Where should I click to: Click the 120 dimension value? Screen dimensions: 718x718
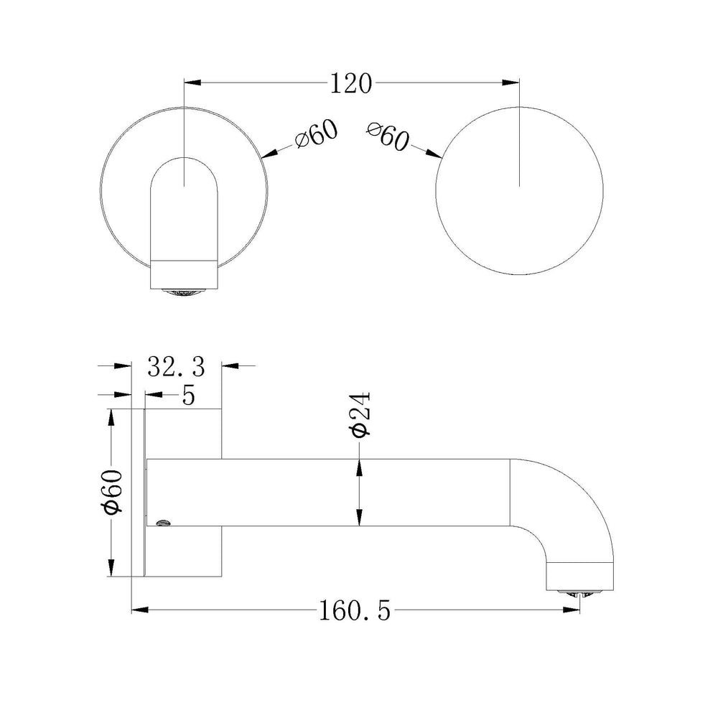click(x=351, y=84)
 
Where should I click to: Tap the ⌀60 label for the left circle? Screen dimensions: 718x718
click(x=317, y=134)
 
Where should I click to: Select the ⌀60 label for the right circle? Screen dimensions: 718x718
click(x=388, y=136)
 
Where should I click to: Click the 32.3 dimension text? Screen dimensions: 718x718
click(x=177, y=366)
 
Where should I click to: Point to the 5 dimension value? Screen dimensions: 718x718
click(x=188, y=395)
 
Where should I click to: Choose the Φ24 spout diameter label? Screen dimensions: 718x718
click(x=360, y=415)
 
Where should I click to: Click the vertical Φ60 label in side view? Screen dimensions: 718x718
click(x=113, y=492)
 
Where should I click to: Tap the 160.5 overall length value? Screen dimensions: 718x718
click(x=355, y=610)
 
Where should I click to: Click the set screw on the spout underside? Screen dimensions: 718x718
click(x=164, y=522)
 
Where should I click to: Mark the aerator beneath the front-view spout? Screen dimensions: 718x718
click(x=184, y=292)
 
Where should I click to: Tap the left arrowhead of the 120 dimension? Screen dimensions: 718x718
click(x=192, y=83)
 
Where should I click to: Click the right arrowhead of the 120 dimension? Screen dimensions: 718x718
click(x=510, y=83)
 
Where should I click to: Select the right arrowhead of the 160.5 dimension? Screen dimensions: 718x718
click(x=571, y=610)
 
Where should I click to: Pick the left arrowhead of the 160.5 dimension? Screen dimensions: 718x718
click(x=141, y=610)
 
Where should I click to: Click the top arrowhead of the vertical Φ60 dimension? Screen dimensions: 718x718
click(x=110, y=417)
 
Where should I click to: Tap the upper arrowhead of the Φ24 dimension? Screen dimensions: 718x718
click(x=360, y=467)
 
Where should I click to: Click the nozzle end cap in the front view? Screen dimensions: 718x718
click(x=184, y=274)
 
